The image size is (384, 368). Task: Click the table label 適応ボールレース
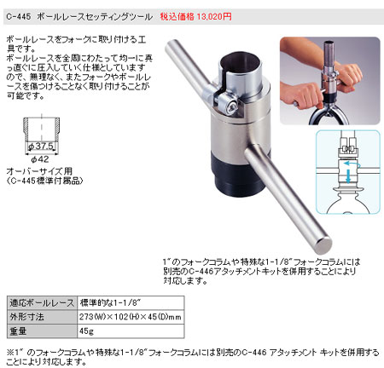pos(39,302)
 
